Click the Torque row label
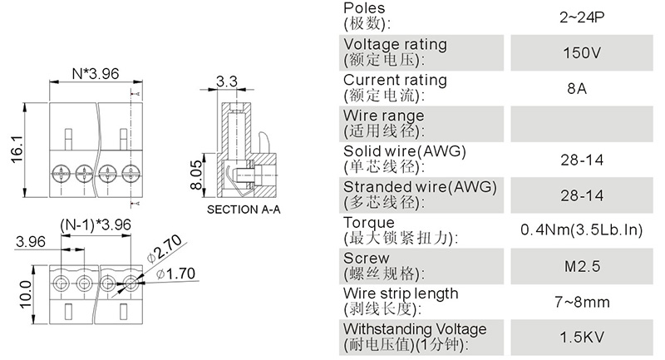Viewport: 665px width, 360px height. (x=368, y=223)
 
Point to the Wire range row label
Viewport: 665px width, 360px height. (x=383, y=116)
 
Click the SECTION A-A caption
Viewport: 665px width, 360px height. (x=244, y=210)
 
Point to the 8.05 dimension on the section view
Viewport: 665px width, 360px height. (x=196, y=176)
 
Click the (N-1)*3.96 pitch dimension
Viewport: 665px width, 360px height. (x=96, y=225)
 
